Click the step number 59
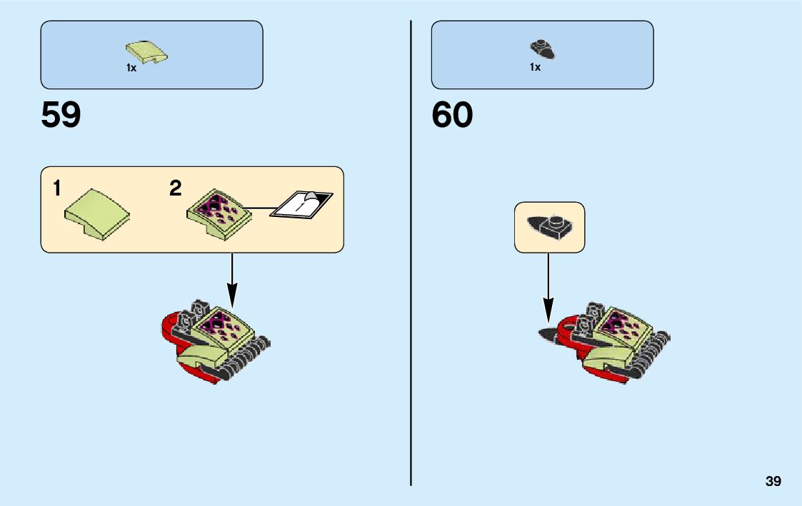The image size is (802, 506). point(61,115)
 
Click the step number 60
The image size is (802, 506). point(451,115)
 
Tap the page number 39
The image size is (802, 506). point(773,481)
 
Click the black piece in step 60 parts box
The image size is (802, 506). point(543,49)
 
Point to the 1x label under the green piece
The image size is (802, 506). point(131,68)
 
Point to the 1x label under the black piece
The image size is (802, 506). point(535,67)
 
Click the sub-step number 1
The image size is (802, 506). point(56,189)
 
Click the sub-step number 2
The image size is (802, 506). point(175,188)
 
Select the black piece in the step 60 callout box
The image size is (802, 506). point(549,227)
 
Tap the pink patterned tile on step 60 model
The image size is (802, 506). point(618,325)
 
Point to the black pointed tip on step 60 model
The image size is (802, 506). point(550,333)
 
